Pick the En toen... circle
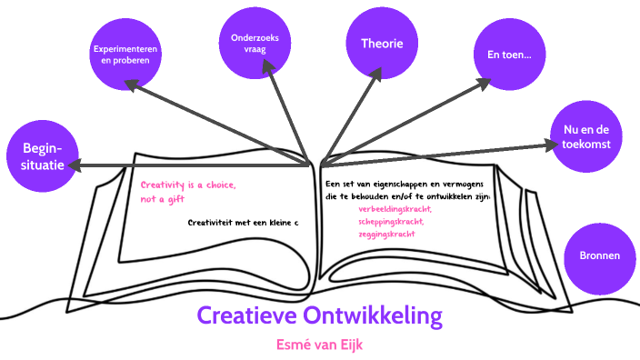(509, 55)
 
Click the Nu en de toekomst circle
(586, 136)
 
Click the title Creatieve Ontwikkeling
(319, 316)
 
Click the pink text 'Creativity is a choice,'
(188, 185)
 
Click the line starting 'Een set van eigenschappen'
(403, 185)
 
